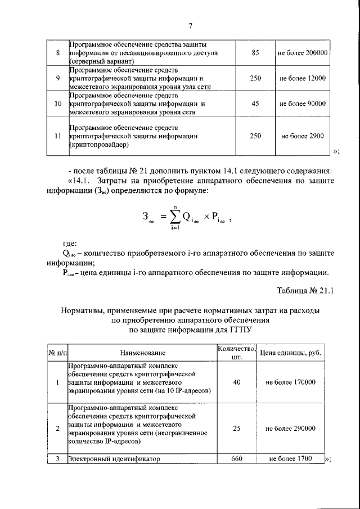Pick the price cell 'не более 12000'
coord(303,79)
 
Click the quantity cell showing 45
coord(255,104)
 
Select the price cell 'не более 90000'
coord(303,104)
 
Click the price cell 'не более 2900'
coord(303,136)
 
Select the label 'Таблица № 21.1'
coord(306,291)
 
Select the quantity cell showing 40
coord(236,382)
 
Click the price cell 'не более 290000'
coord(290,428)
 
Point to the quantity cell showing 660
coord(236,459)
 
